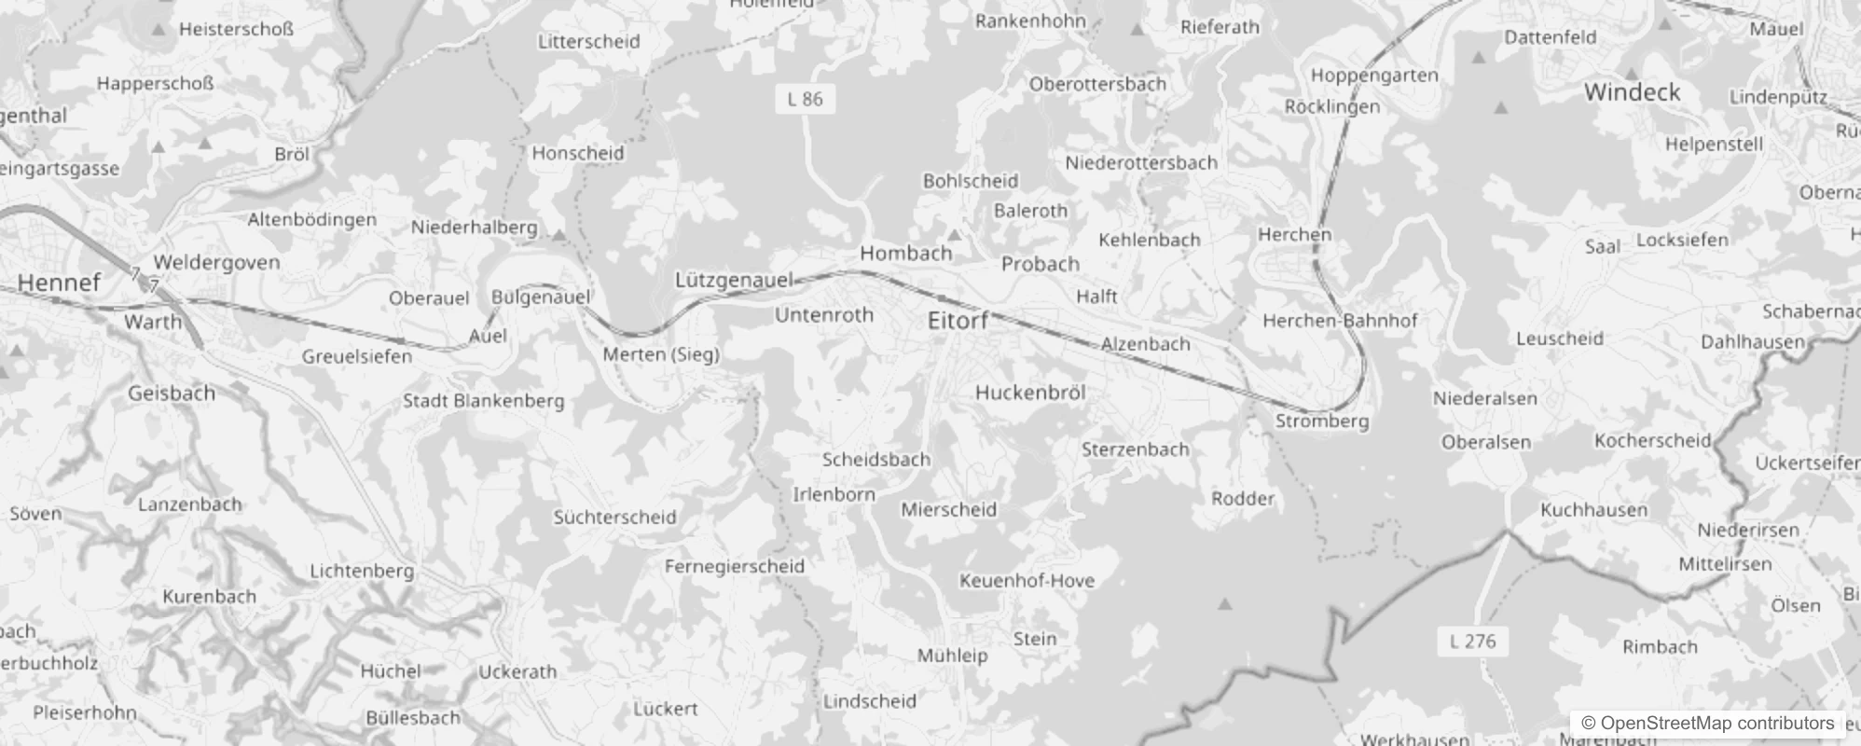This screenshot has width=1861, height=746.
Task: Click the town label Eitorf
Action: point(958,321)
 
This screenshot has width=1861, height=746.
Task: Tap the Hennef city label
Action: point(59,283)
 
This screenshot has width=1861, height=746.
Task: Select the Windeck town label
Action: point(1632,92)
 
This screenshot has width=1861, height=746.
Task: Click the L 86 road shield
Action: point(805,99)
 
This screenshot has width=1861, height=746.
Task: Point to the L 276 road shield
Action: point(1473,641)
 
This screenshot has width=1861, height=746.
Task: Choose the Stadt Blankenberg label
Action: point(483,401)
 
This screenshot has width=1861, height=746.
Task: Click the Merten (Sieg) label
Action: point(661,354)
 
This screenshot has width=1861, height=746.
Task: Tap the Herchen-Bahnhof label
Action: point(1340,321)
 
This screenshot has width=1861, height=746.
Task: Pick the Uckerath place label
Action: point(517,671)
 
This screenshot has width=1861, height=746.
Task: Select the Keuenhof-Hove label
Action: point(1027,580)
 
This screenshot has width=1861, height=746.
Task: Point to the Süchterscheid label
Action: point(614,517)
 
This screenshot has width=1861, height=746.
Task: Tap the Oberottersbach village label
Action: point(1097,84)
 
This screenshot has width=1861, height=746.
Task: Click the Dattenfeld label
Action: point(1551,37)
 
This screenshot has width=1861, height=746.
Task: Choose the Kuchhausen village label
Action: point(1593,510)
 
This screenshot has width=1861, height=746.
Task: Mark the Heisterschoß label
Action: point(236,29)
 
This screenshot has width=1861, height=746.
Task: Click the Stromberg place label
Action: point(1322,421)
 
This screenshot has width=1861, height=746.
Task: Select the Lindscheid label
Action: point(869,700)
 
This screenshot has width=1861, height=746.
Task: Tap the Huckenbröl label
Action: point(1030,393)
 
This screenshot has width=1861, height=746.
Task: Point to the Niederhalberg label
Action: point(474,227)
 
